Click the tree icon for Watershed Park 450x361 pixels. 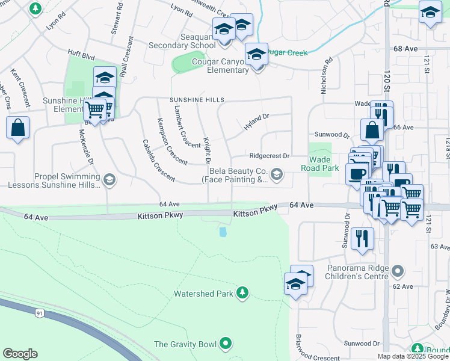[242, 292]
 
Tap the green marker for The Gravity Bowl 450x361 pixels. [226, 344]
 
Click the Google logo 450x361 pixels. [20, 354]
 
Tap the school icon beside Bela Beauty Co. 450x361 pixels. [276, 175]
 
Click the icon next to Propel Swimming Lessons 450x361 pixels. [109, 180]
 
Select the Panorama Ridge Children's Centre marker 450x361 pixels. [397, 272]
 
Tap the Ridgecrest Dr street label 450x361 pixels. [270, 155]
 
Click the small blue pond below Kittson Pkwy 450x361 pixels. [224, 232]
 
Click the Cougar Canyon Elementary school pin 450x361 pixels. [257, 55]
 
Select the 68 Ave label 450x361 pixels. [405, 48]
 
